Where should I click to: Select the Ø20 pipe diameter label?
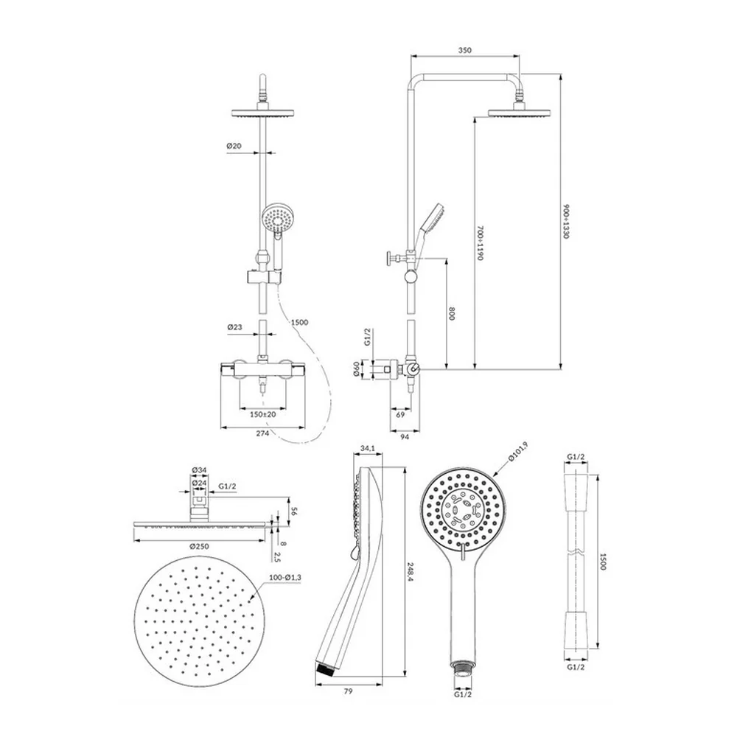[x=234, y=146]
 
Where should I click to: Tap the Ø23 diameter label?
[x=234, y=327]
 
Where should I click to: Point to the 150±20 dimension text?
[x=263, y=414]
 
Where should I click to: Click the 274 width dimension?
[x=262, y=433]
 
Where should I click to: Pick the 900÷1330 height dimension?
[x=566, y=221]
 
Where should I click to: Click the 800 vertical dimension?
[x=453, y=313]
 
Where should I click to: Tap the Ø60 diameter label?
[x=356, y=368]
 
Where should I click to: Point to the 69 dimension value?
[x=400, y=414]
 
